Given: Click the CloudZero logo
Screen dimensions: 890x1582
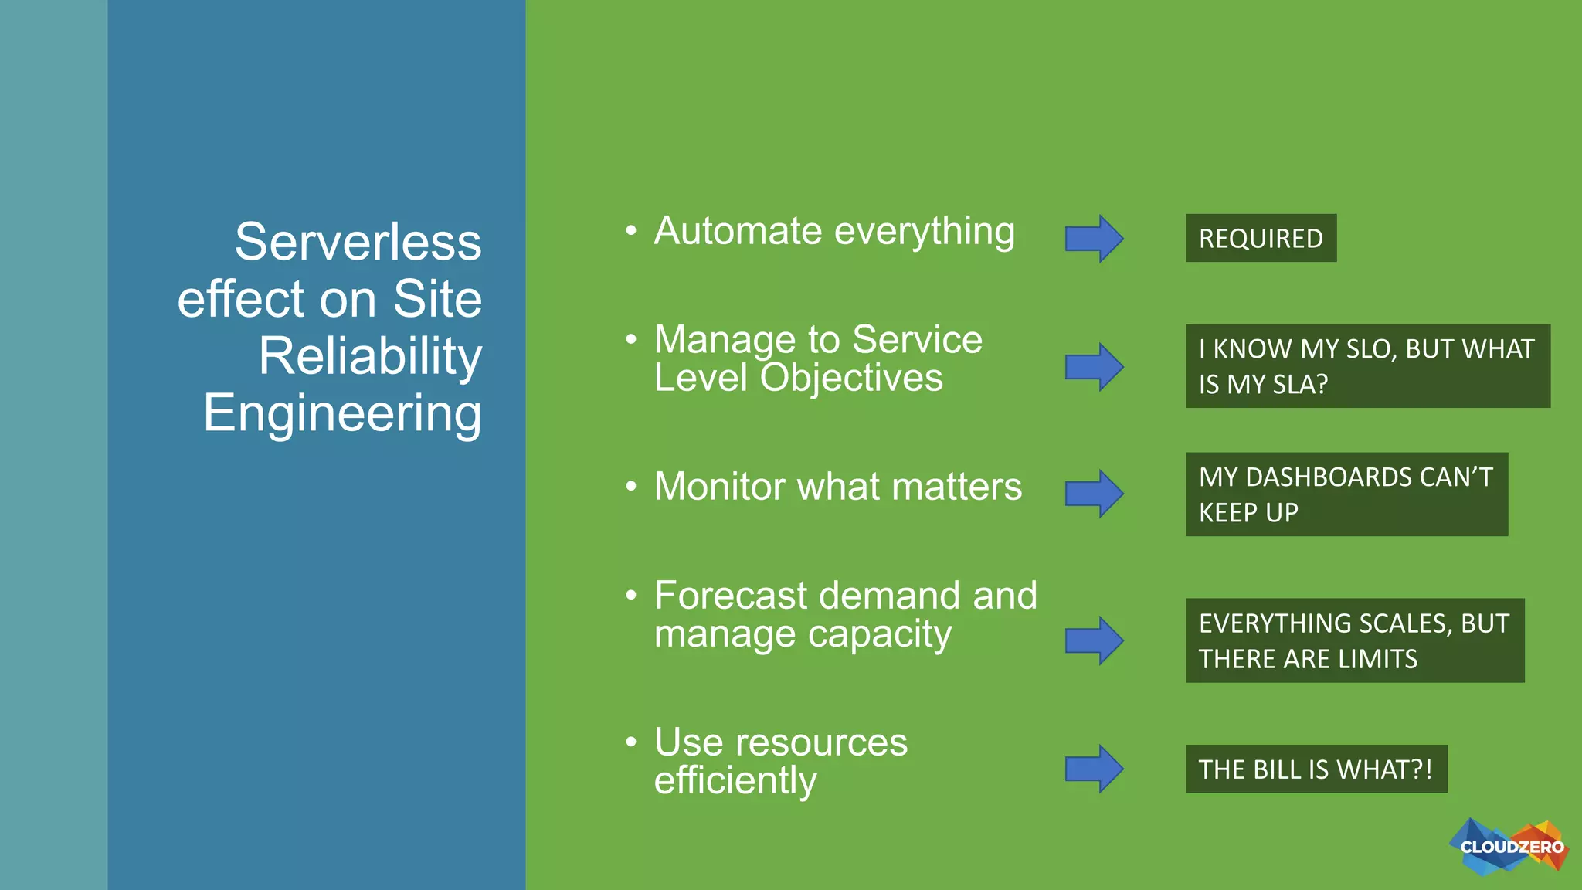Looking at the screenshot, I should point(1509,847).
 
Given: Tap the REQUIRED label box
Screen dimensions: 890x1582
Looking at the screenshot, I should point(1261,238).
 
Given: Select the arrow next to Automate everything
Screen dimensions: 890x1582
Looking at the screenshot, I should point(1094,239).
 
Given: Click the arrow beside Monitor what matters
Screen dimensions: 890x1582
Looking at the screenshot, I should point(1094,494).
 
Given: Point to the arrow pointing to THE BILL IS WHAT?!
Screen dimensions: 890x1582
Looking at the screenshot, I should point(1094,769).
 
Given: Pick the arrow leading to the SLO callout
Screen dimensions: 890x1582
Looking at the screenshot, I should point(1094,367).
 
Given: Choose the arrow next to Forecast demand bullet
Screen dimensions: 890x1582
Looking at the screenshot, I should point(1094,640).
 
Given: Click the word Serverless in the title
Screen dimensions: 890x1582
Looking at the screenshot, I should point(358,242).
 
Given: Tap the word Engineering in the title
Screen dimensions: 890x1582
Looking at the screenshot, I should point(342,413).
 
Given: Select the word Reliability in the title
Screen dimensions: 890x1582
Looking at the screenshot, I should point(370,356).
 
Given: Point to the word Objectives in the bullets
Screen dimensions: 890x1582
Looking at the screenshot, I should point(851,378).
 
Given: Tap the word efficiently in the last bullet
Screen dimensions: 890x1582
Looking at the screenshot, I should point(735,780).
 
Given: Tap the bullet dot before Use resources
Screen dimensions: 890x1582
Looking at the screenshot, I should point(631,742).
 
